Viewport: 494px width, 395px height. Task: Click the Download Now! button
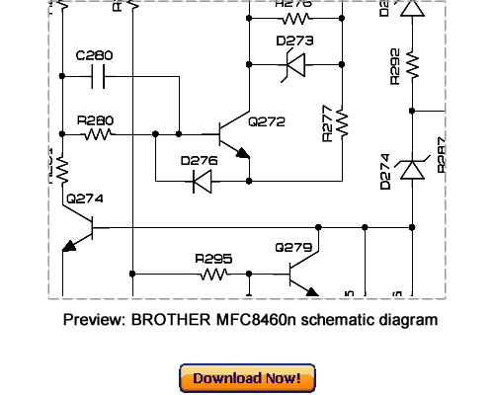point(247,378)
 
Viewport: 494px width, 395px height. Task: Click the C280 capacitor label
point(94,56)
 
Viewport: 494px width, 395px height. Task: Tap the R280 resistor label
point(95,120)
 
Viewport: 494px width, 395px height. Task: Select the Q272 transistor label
point(267,121)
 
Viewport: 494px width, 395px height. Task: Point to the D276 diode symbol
point(203,181)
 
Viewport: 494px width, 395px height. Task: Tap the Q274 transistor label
point(84,198)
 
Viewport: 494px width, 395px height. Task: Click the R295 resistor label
point(213,259)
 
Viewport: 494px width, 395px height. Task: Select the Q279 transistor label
point(293,247)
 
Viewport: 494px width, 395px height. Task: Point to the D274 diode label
point(386,171)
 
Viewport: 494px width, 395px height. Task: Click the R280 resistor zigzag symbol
point(98,133)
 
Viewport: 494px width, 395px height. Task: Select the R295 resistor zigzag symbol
point(214,274)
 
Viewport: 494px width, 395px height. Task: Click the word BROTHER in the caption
point(170,320)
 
